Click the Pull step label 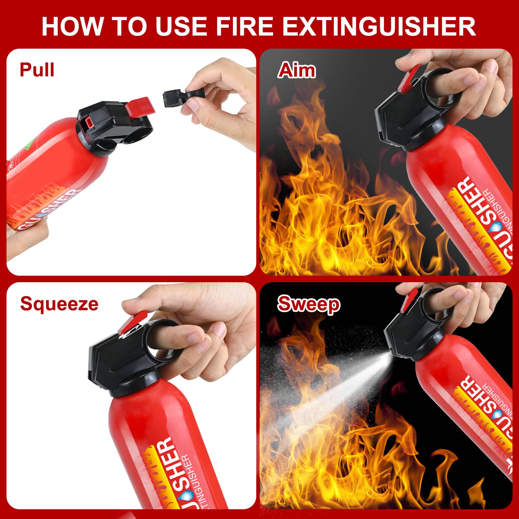tap(37, 69)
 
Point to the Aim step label tap(296, 70)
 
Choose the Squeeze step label tap(59, 304)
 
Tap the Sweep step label tap(308, 304)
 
